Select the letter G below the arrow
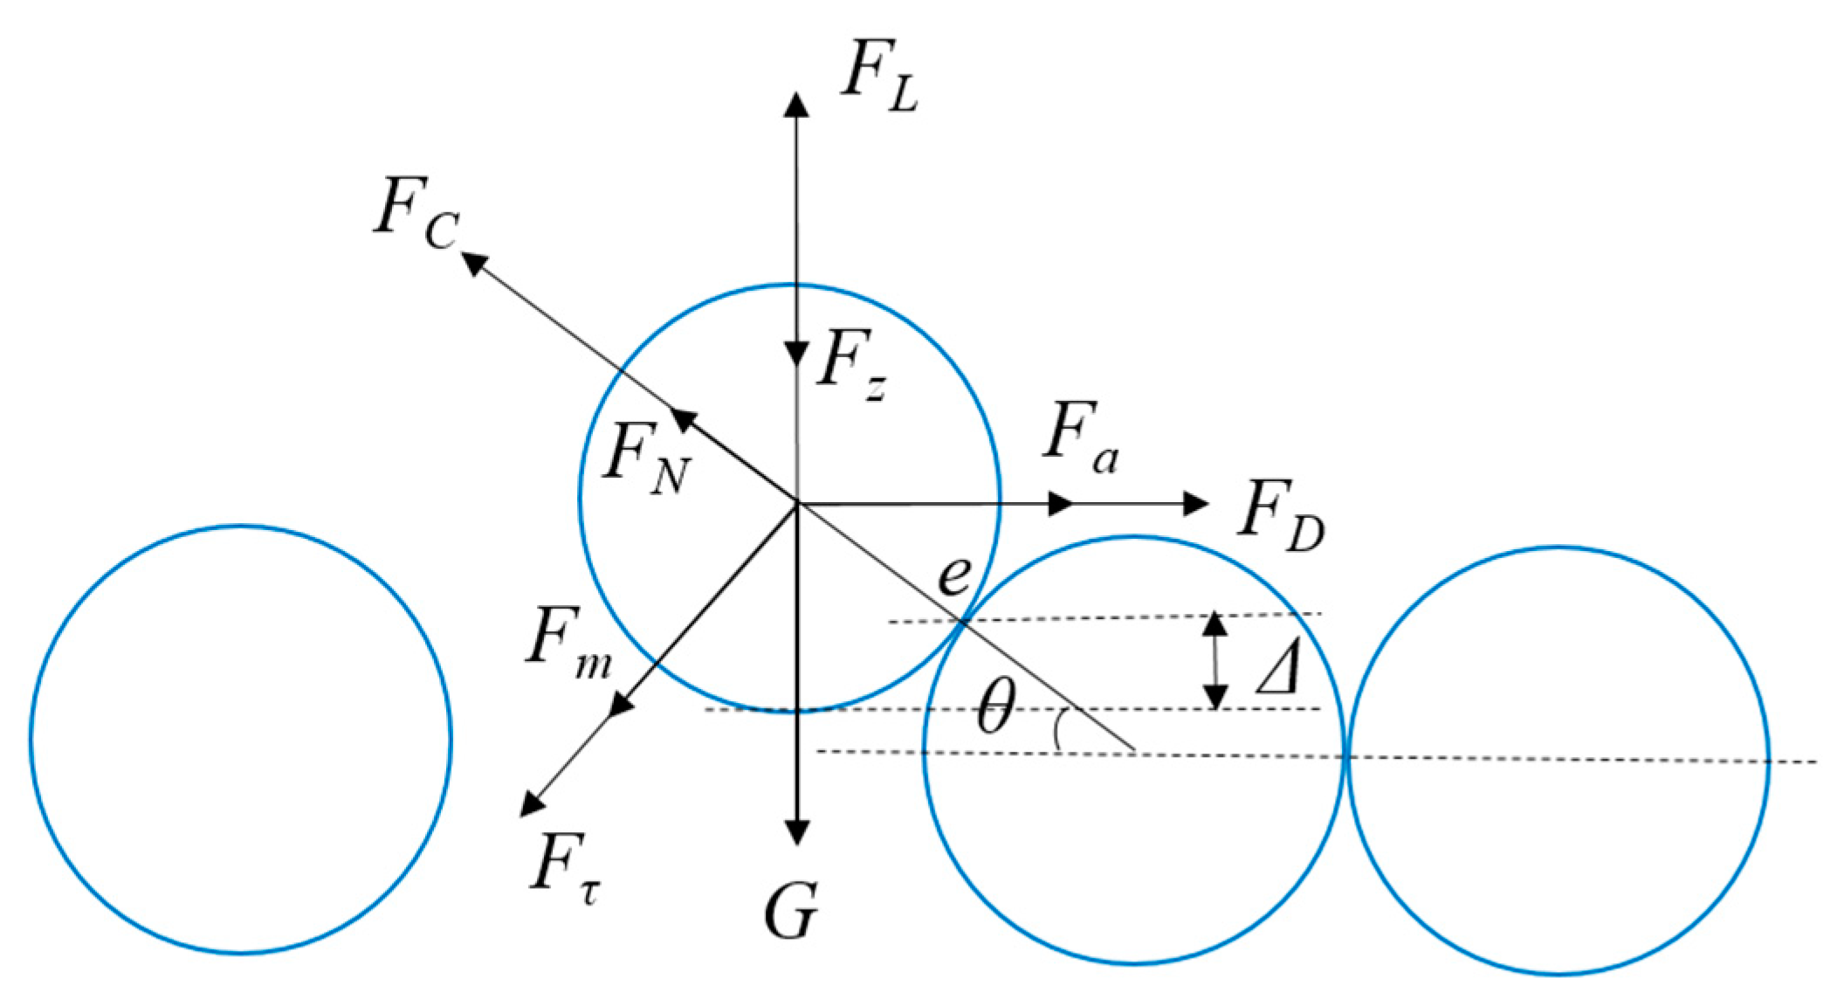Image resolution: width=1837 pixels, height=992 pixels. click(x=791, y=912)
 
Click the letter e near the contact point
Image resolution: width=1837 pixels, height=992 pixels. click(x=953, y=576)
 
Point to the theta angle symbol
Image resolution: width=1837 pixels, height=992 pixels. click(x=995, y=707)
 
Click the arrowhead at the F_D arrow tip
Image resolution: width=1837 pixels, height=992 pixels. click(x=1195, y=503)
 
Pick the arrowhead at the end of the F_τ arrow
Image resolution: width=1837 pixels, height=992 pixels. click(x=531, y=803)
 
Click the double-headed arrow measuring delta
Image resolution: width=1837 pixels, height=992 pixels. click(x=1215, y=661)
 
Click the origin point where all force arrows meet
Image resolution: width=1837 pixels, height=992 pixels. click(x=796, y=504)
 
